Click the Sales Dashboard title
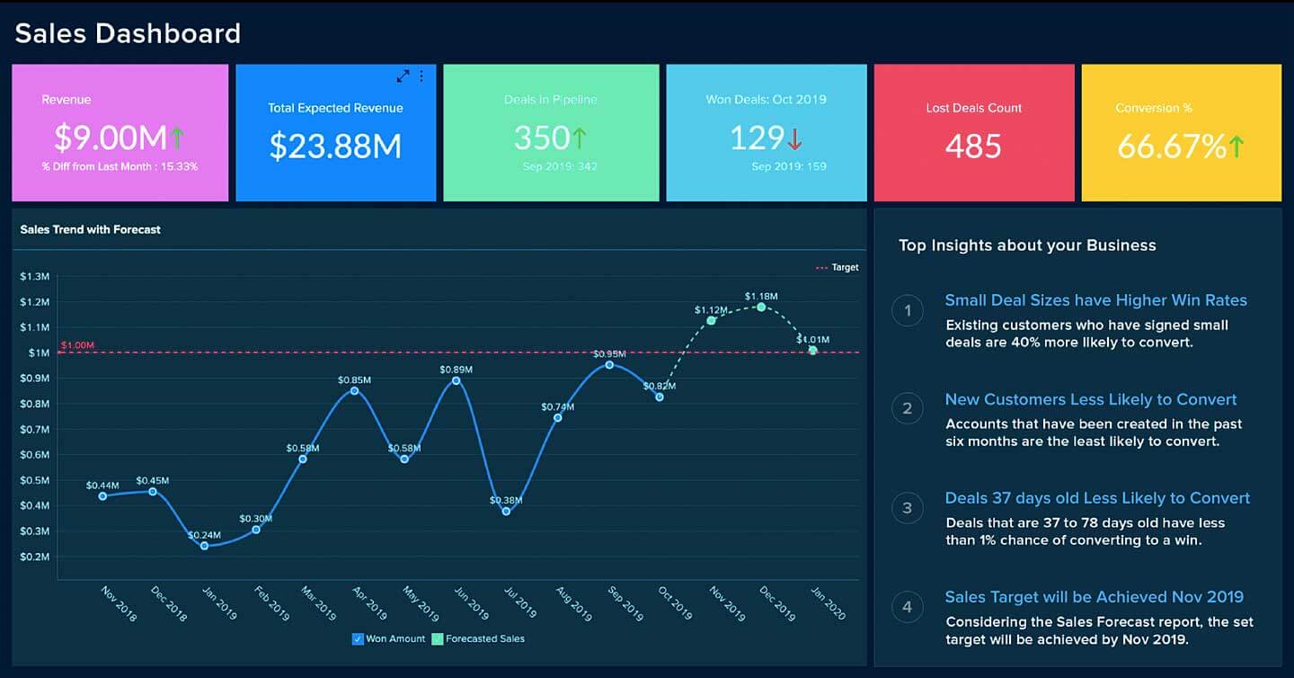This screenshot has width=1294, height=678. point(128,33)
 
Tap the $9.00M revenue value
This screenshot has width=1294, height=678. point(110,138)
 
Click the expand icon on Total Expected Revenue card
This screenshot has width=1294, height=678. point(403,76)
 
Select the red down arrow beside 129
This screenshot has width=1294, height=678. point(794,138)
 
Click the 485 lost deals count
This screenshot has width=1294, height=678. point(973,146)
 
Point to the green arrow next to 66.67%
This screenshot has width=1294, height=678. point(1236,146)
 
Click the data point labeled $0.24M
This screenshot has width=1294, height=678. point(204,546)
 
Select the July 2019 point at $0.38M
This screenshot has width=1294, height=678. point(507,511)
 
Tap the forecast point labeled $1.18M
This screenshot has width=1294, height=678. point(761,307)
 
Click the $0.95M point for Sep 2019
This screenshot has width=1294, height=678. point(609,364)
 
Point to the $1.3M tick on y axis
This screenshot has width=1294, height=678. point(35,276)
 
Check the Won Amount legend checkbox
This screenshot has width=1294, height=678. point(359,638)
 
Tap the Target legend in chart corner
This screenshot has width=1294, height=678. point(837,267)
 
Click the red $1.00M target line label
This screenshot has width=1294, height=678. point(77,345)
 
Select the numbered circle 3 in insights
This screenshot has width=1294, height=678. point(907,508)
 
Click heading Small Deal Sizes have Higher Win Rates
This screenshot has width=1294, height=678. point(1095,300)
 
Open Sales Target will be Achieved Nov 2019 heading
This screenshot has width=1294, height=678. point(1094,597)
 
